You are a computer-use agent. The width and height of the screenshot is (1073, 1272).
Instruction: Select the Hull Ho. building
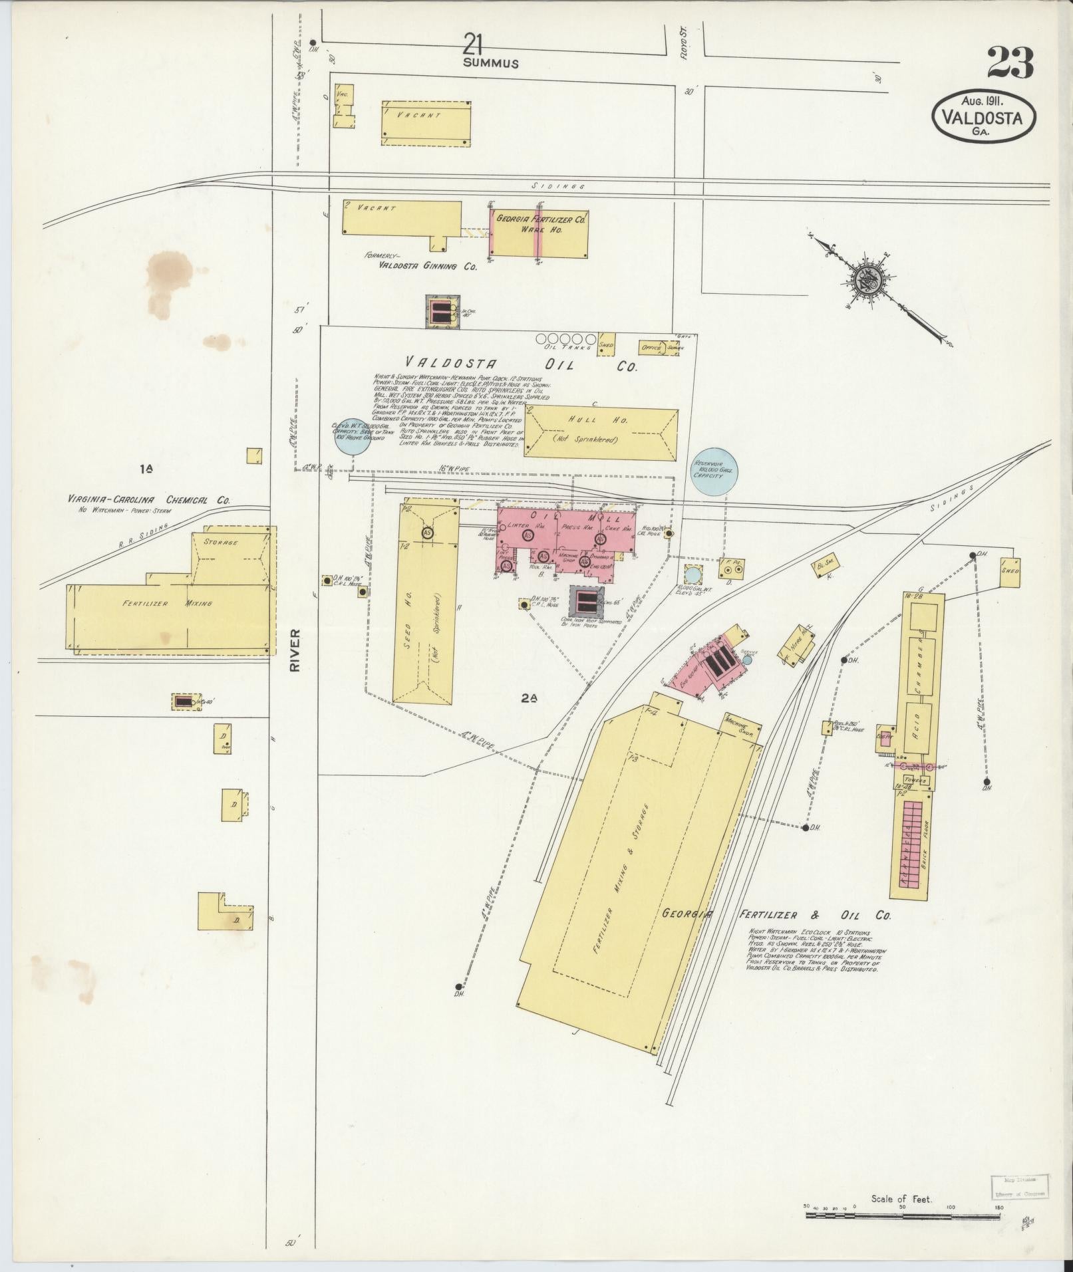(601, 433)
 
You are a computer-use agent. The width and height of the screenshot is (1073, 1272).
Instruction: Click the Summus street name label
(492, 64)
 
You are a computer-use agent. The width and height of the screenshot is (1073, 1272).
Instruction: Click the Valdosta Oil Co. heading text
(521, 365)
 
